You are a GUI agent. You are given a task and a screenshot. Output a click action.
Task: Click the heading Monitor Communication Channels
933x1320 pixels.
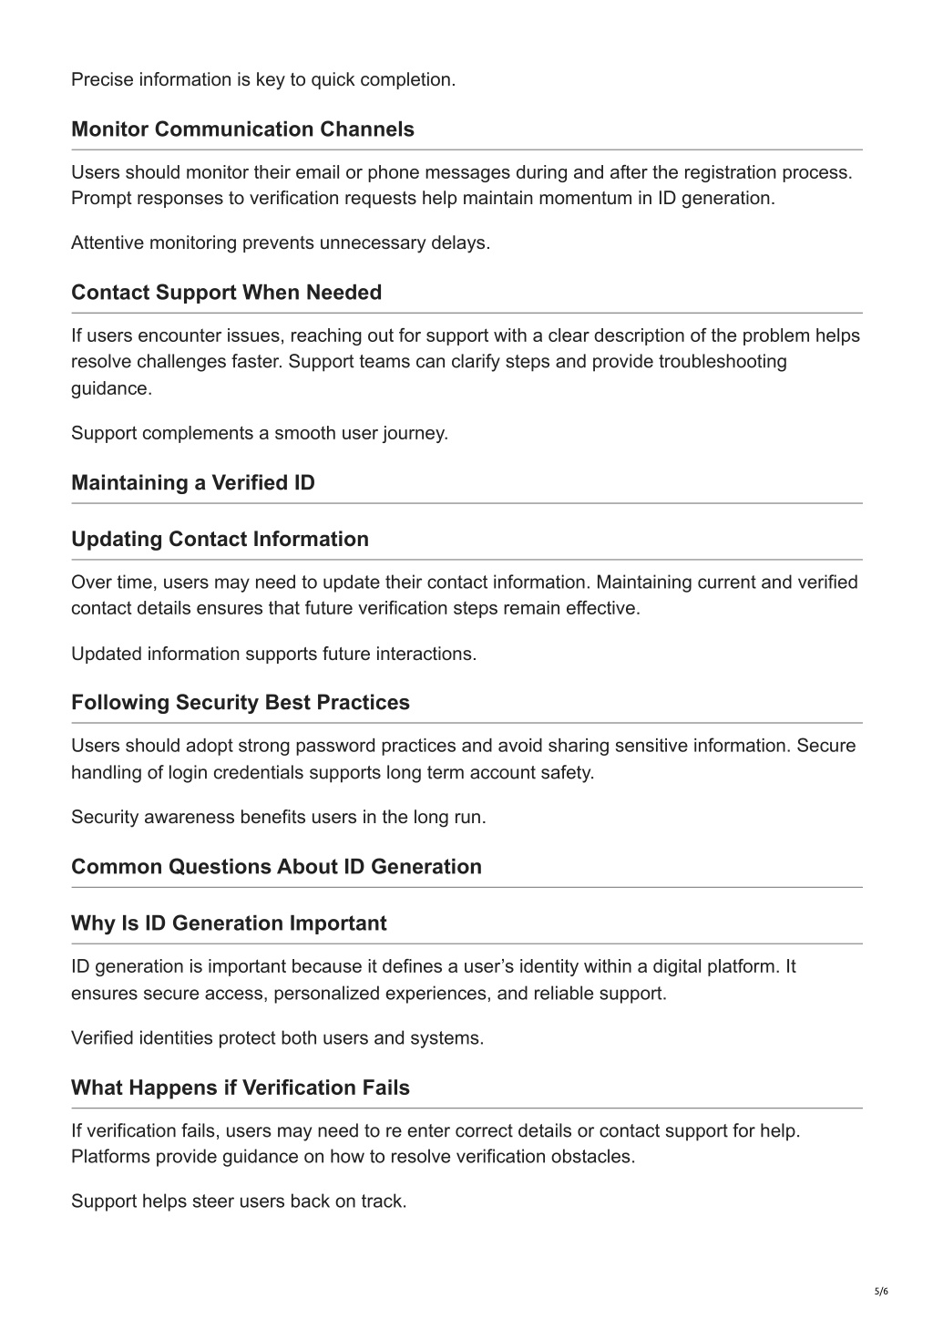click(x=242, y=129)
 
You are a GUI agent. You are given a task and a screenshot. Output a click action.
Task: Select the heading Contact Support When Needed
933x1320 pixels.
click(x=226, y=293)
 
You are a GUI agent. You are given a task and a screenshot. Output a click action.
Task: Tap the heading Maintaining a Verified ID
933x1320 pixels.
click(x=193, y=482)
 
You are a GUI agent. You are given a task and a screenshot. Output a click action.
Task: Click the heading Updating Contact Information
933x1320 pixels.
click(x=220, y=539)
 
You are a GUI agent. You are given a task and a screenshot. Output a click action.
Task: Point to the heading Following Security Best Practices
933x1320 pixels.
click(x=241, y=702)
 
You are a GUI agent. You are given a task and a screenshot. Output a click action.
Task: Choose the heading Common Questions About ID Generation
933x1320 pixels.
click(x=276, y=866)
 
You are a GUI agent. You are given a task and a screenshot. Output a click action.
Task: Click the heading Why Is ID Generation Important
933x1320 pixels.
click(x=229, y=923)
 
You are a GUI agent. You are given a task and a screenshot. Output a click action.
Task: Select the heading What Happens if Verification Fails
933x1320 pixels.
click(x=241, y=1088)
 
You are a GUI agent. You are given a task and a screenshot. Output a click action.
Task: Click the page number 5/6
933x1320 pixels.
click(x=880, y=1291)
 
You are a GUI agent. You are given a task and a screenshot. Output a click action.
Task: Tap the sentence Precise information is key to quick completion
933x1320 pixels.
click(x=263, y=79)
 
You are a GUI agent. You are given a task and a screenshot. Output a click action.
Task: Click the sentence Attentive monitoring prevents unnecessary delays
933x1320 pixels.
click(x=281, y=242)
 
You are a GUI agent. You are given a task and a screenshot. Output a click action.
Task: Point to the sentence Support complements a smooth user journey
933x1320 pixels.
click(x=260, y=433)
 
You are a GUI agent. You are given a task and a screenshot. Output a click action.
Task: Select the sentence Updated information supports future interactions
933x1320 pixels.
click(x=273, y=654)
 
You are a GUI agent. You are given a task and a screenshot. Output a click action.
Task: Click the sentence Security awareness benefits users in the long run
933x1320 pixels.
click(x=279, y=817)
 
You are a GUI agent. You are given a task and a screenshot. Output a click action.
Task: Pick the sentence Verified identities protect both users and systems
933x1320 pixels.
click(x=277, y=1037)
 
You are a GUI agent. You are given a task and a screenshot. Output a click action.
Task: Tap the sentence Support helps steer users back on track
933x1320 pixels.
click(x=239, y=1201)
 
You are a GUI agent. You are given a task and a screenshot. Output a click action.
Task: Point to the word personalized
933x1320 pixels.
click(x=326, y=993)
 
